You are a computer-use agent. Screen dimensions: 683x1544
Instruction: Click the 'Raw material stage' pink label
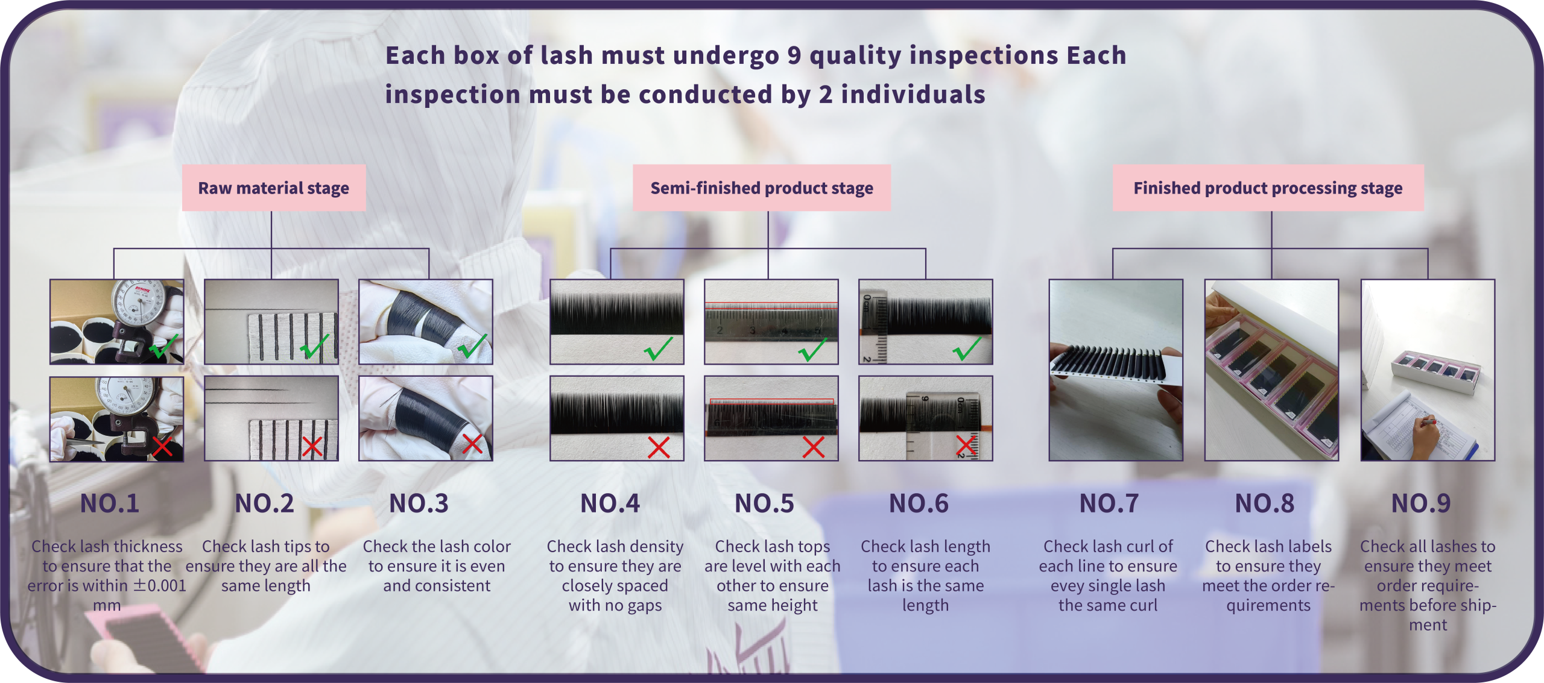pyautogui.click(x=274, y=188)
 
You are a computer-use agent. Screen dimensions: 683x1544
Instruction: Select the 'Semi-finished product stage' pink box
pyautogui.click(x=761, y=188)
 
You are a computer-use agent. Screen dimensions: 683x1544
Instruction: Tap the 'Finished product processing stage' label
pyautogui.click(x=1268, y=188)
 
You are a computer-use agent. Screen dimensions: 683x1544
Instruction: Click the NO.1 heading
pyautogui.click(x=110, y=503)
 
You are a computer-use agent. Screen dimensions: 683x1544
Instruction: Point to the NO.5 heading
pyautogui.click(x=764, y=503)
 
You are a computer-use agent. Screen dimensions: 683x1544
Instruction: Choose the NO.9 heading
pyautogui.click(x=1420, y=503)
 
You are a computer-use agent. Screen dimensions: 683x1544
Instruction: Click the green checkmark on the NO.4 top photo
pyautogui.click(x=657, y=348)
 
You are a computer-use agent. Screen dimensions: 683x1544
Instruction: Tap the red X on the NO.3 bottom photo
pyautogui.click(x=472, y=444)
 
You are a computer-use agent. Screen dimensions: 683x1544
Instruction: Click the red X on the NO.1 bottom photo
pyautogui.click(x=162, y=447)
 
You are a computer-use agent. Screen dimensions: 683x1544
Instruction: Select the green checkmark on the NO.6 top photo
pyautogui.click(x=966, y=348)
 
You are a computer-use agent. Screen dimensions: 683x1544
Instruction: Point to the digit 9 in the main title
pyautogui.click(x=794, y=55)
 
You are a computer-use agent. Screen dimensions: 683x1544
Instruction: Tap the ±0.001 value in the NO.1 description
pyautogui.click(x=160, y=585)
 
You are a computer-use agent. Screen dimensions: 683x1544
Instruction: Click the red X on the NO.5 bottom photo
pyautogui.click(x=813, y=447)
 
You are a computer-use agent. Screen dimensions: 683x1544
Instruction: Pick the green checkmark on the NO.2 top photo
pyautogui.click(x=314, y=346)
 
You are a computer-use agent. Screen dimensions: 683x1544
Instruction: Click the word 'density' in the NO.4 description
pyautogui.click(x=657, y=546)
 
